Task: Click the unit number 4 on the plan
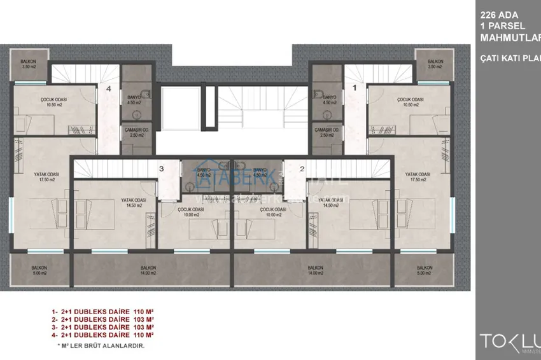pyautogui.click(x=109, y=89)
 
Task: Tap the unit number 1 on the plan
pyautogui.click(x=355, y=89)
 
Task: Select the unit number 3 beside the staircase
pyautogui.click(x=162, y=169)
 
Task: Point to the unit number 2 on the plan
pyautogui.click(x=302, y=169)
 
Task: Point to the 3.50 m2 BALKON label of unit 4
pyautogui.click(x=27, y=64)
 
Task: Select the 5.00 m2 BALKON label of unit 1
pyautogui.click(x=425, y=270)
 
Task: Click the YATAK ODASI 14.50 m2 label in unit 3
pyautogui.click(x=134, y=202)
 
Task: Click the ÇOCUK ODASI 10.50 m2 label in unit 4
pyautogui.click(x=54, y=102)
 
